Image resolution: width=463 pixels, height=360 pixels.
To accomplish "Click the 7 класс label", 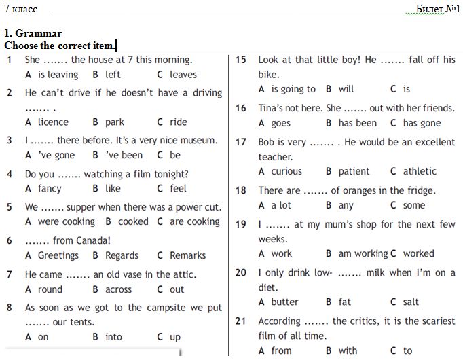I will [x=21, y=9].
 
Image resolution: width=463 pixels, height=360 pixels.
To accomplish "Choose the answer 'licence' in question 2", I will [x=53, y=122].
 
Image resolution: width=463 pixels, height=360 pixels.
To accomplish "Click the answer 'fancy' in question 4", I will [x=50, y=188].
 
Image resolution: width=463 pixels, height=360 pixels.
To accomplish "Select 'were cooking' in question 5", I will [x=66, y=221].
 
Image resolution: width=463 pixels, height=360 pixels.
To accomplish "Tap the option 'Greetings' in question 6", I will [x=58, y=255].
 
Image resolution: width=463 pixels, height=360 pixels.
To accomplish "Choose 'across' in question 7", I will [x=119, y=289].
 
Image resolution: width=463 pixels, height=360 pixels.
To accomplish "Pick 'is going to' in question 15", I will [x=293, y=89].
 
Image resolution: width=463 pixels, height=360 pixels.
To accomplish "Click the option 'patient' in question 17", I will [x=354, y=171].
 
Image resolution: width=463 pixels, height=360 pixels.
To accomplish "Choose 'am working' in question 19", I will [x=363, y=253].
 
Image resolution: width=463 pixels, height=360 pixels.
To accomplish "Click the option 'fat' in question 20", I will [x=345, y=302].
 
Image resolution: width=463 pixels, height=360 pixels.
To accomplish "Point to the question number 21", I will [x=240, y=321].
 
